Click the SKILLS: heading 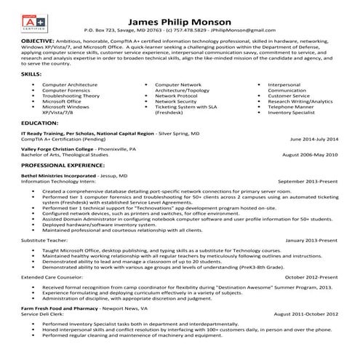[x=30, y=74]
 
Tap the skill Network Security [x=176, y=102]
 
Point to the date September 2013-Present [x=309, y=180]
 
